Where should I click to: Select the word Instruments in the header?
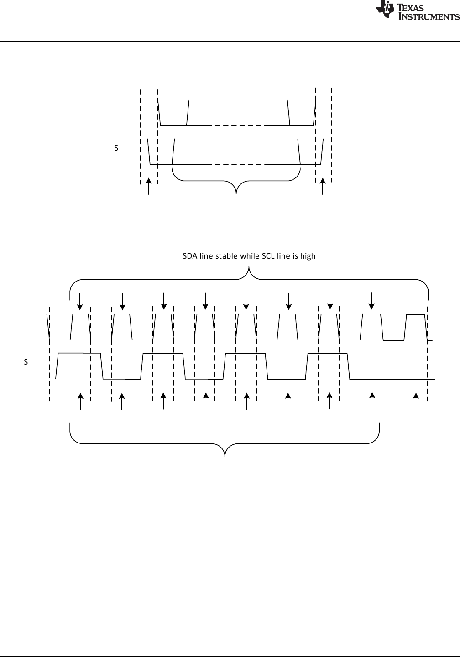(x=429, y=16)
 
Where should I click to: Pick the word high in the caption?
(x=308, y=256)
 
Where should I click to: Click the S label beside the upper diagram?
(x=116, y=148)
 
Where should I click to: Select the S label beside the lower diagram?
(x=26, y=362)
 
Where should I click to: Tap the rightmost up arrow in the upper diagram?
(x=323, y=187)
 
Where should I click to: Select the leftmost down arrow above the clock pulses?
(x=80, y=300)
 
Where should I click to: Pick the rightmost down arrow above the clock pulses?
(x=371, y=300)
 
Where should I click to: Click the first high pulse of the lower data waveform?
(x=78, y=354)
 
